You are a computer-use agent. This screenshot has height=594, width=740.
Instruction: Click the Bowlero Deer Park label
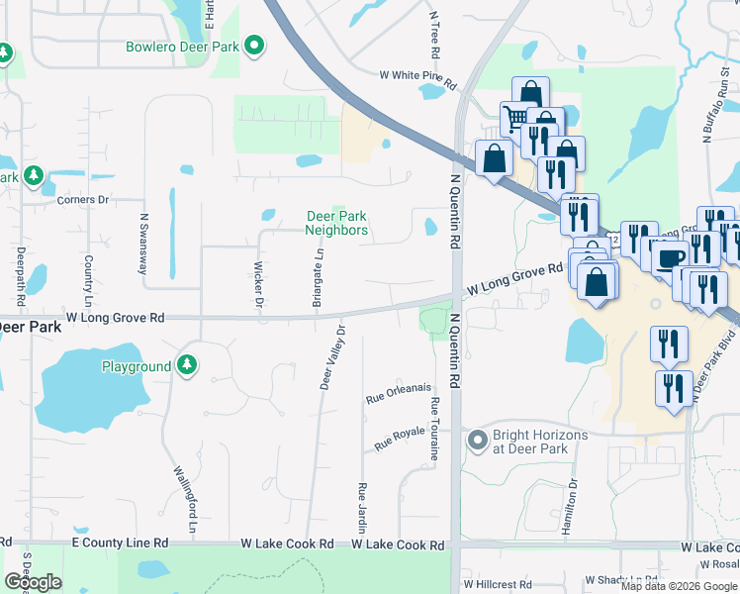pos(182,47)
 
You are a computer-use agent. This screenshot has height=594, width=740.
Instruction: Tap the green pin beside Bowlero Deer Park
pos(255,46)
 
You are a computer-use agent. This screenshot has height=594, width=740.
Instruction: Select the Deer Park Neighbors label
pos(336,223)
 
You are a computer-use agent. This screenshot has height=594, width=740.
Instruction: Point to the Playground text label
pos(137,367)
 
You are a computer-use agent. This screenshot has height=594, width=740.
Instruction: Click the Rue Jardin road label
pos(362,506)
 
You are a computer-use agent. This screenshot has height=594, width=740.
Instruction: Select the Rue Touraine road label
pos(434,430)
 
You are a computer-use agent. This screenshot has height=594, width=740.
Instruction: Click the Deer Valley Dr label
pos(331,357)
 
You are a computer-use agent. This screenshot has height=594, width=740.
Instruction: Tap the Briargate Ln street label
pos(319,278)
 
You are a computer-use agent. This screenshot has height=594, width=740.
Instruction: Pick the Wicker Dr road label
pos(257,285)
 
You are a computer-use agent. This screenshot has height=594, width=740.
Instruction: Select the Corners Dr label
pos(83,200)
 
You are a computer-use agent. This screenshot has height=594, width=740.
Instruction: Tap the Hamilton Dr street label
pos(573,508)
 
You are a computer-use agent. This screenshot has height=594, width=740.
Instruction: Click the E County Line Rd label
pos(119,544)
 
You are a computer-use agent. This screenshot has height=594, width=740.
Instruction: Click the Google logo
pos(33,582)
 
